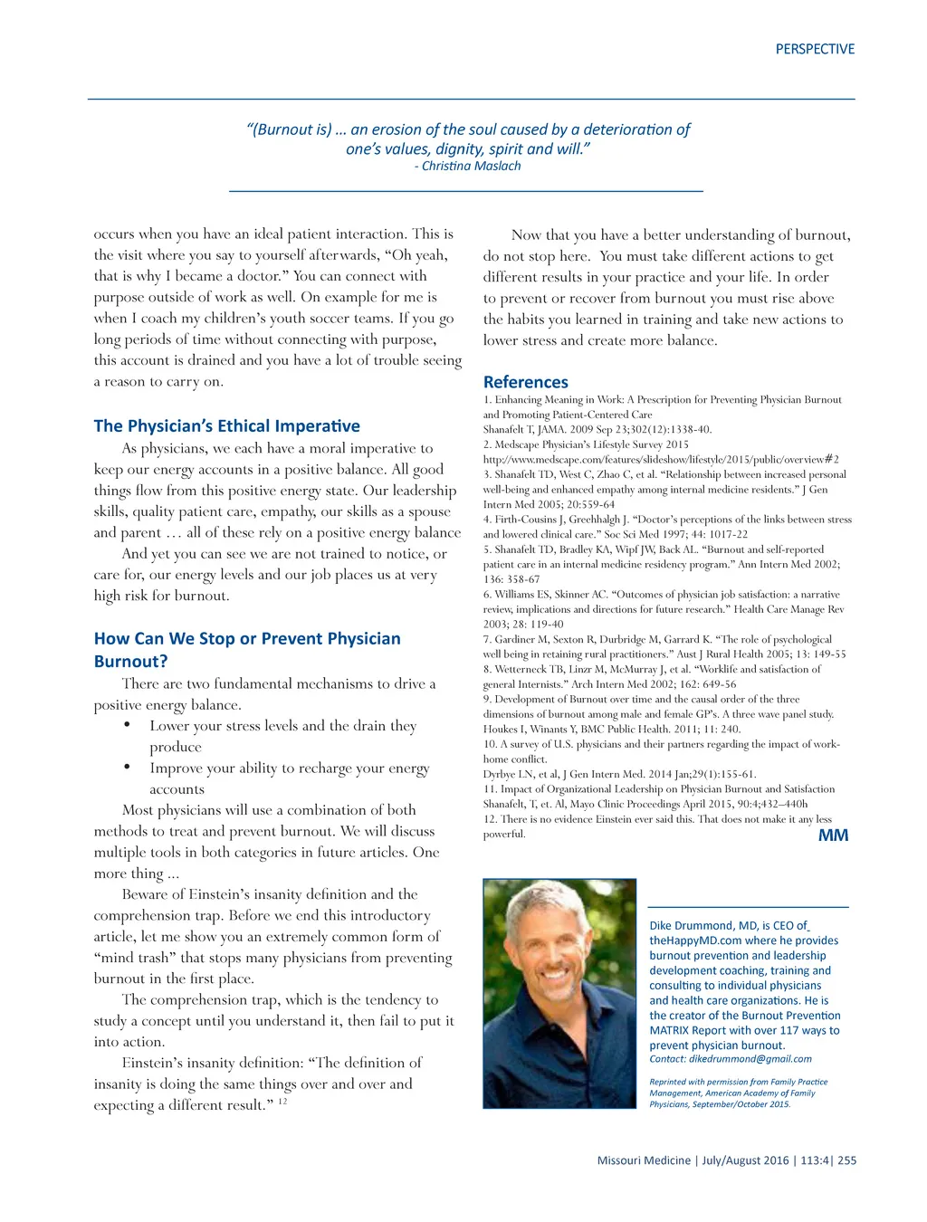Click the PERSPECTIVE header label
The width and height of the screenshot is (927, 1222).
(x=815, y=49)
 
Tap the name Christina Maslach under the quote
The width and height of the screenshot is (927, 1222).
(x=471, y=166)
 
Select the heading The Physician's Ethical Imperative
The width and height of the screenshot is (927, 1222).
(x=226, y=425)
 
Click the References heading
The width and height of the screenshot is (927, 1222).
(x=525, y=382)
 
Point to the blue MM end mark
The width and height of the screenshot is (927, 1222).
(x=833, y=835)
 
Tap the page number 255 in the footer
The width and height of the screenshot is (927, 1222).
(x=846, y=1160)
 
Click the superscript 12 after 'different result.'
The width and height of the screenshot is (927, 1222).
(x=282, y=1101)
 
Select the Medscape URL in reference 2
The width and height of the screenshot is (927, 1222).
(x=661, y=459)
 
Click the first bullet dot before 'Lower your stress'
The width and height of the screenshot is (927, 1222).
(x=128, y=725)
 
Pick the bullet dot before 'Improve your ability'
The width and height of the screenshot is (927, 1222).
(x=128, y=768)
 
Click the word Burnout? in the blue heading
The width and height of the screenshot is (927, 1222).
(x=130, y=661)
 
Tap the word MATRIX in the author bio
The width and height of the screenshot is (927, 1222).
(x=669, y=1030)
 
